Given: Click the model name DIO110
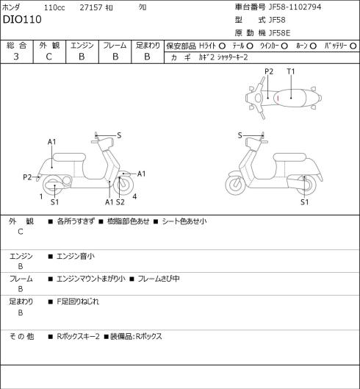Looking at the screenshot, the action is click(x=22, y=19).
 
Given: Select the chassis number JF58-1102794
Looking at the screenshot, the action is click(x=295, y=7).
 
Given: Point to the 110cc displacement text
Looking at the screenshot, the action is click(x=54, y=7).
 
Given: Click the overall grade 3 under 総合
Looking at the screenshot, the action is click(x=16, y=57).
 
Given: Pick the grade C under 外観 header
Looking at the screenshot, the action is click(x=48, y=57).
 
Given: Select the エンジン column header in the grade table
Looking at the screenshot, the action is click(x=82, y=46).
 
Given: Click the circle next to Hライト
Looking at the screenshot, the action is click(x=222, y=46).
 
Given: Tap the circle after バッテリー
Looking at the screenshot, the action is click(x=353, y=46).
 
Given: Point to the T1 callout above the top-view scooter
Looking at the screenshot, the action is click(x=291, y=71).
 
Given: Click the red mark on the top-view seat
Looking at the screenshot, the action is click(x=278, y=98).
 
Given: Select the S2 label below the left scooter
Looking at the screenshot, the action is click(x=120, y=202).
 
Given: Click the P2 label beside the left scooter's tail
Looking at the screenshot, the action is click(x=27, y=177).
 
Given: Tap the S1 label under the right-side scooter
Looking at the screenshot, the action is click(x=304, y=202).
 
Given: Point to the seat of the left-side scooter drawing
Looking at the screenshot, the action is click(x=69, y=157).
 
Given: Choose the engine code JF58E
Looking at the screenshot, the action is click(x=280, y=33).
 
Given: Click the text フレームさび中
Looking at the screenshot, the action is click(x=159, y=279).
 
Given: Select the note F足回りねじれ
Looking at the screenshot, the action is click(x=78, y=301).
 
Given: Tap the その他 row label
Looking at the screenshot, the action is click(x=21, y=336).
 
